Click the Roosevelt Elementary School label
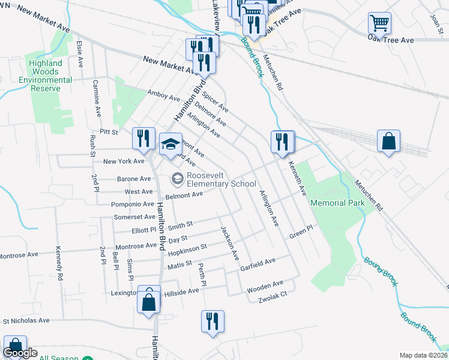[x=221, y=179]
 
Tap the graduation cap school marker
[x=170, y=143]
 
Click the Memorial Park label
[x=337, y=203]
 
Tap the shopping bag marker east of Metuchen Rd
[x=389, y=142]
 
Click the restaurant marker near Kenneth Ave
[x=283, y=142]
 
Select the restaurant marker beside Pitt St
[x=143, y=139]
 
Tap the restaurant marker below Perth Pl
[x=212, y=321]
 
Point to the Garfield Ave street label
[x=258, y=262]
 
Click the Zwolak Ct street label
[x=273, y=293]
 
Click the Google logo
[x=19, y=353]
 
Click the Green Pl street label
[x=301, y=231]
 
